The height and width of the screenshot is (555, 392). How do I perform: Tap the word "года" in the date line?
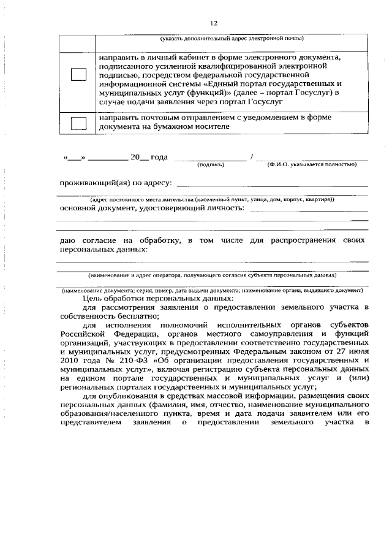coord(159,158)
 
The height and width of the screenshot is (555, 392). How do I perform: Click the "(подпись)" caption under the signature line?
coord(211,165)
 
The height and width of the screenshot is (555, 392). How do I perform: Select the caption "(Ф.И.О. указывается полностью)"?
coord(312,165)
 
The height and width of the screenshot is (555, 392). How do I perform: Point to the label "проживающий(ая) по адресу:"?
coord(116,182)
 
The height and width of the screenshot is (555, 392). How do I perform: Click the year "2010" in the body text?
coord(69,362)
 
